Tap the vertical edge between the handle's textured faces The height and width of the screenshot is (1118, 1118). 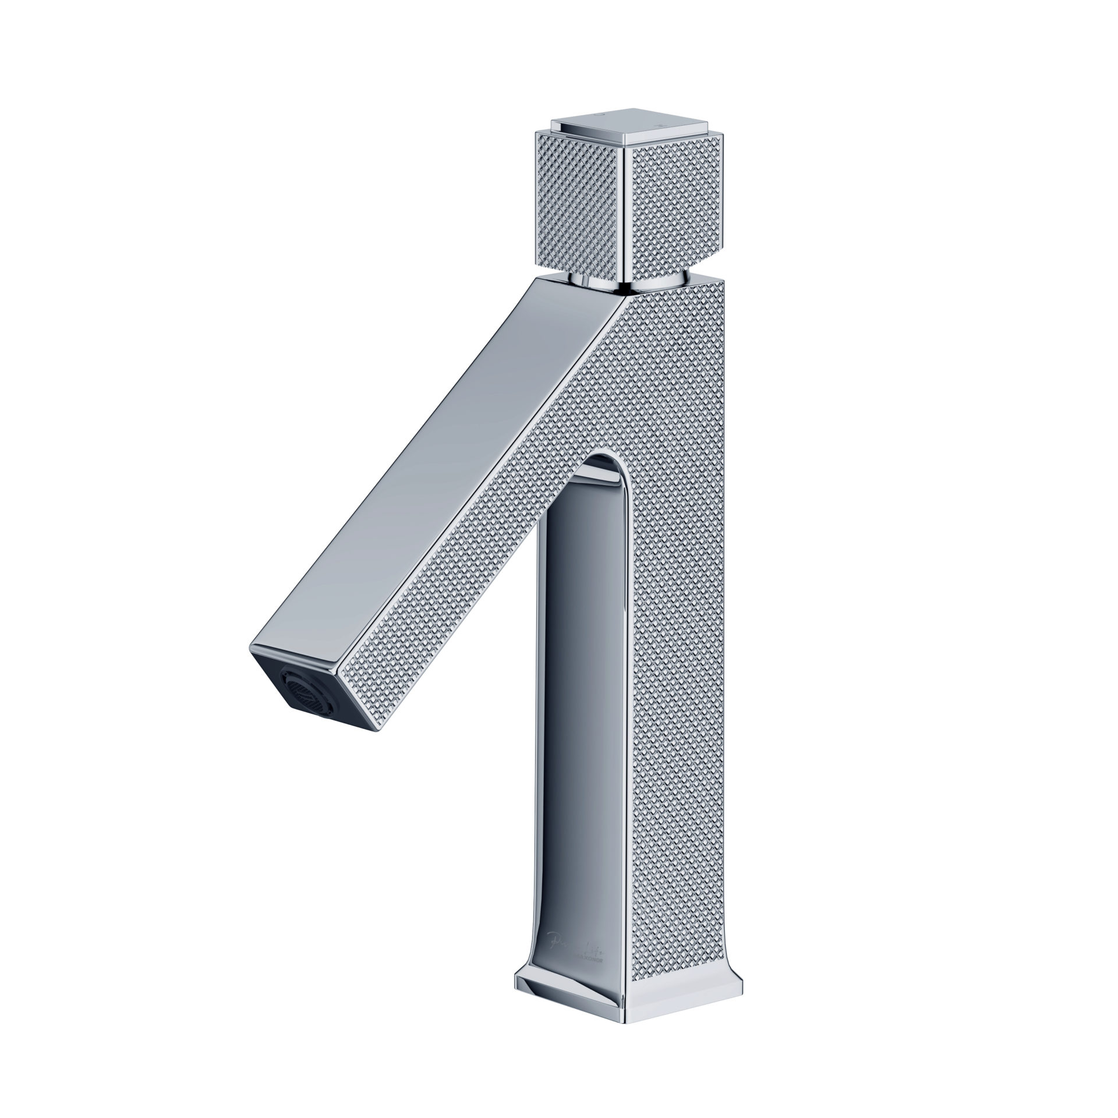pyautogui.click(x=629, y=210)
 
